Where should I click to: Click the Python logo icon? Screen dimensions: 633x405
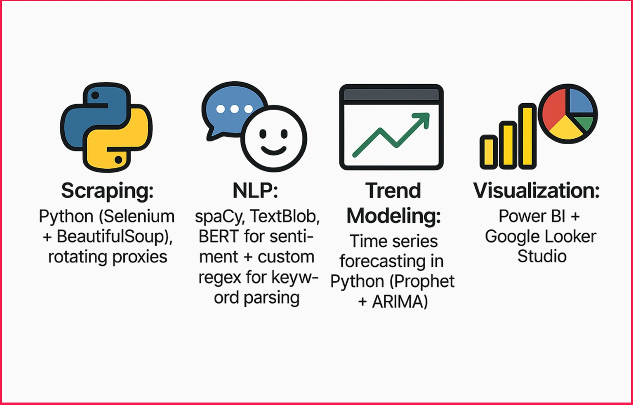[x=106, y=128]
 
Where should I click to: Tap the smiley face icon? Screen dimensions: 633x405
[x=274, y=139]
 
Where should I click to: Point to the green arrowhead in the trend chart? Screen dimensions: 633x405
[x=422, y=121]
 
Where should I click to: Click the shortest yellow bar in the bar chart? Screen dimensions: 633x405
[x=488, y=152]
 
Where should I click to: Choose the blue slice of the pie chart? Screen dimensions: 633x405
[x=580, y=101]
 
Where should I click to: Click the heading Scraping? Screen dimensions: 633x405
[x=108, y=191]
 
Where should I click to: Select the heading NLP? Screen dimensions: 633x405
[x=256, y=191]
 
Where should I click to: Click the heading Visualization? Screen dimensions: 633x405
[x=537, y=191]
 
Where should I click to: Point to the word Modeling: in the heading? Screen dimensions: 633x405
[x=393, y=216]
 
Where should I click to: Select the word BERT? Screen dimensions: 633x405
[x=219, y=236]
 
